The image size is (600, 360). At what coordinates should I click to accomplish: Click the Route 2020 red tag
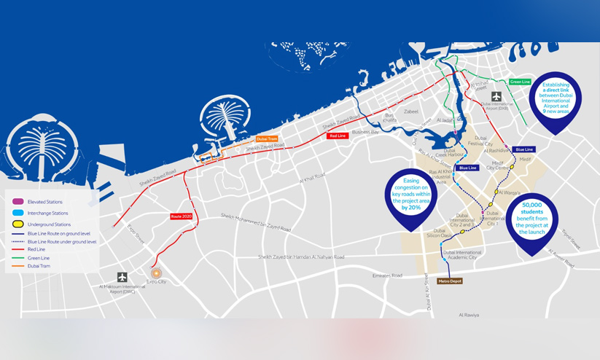coord(180,216)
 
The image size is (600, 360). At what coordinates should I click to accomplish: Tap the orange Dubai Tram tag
coord(267,138)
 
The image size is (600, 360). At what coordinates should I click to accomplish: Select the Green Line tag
coord(520,82)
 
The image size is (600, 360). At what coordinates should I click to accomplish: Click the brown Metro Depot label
coord(449,281)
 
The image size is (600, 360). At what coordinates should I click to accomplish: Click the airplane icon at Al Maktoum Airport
coord(122,277)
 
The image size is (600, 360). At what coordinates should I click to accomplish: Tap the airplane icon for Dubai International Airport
coord(496,96)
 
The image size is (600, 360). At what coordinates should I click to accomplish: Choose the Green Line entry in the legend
coord(36,257)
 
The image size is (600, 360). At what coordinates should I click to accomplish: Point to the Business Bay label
coord(365,132)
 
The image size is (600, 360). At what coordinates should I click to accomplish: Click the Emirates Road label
coord(386,275)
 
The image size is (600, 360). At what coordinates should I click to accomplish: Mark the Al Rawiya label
coord(469,315)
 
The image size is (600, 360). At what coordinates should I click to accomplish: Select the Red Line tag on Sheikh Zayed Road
coord(337,136)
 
